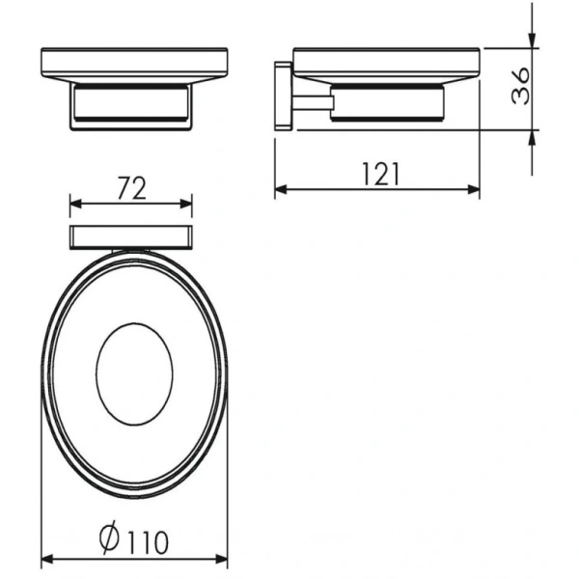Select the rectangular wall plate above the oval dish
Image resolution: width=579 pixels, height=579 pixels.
pyautogui.click(x=131, y=235)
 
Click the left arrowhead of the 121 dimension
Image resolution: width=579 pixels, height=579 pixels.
pyautogui.click(x=281, y=189)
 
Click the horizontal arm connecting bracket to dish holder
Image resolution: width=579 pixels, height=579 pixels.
pyautogui.click(x=312, y=101)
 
